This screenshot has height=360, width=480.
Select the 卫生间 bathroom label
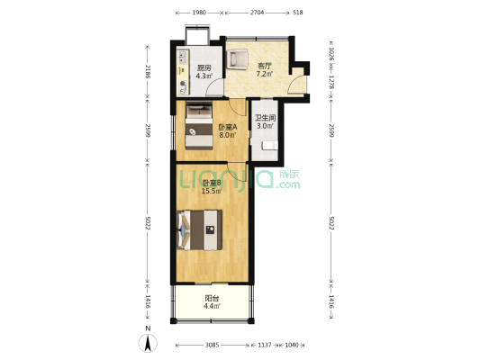tap(265, 118)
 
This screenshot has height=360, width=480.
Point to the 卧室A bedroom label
tap(228, 127)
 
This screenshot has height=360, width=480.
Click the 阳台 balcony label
tap(212, 298)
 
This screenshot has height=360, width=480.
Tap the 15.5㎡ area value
tap(212, 191)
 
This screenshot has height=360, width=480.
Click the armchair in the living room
tap(237, 59)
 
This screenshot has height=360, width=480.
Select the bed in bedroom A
tap(199, 125)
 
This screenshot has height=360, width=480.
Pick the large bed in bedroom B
tap(200, 229)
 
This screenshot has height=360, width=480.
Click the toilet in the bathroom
tap(269, 145)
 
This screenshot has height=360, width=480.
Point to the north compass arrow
tap(148, 343)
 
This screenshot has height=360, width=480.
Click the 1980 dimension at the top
tap(199, 13)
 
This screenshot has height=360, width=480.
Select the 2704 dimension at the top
tap(258, 13)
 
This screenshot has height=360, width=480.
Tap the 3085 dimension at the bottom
tap(212, 345)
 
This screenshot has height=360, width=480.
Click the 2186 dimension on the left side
tap(148, 72)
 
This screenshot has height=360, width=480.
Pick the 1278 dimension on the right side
tap(331, 82)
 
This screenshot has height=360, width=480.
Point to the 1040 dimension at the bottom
tap(292, 345)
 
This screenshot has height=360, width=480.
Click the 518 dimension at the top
tap(298, 13)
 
